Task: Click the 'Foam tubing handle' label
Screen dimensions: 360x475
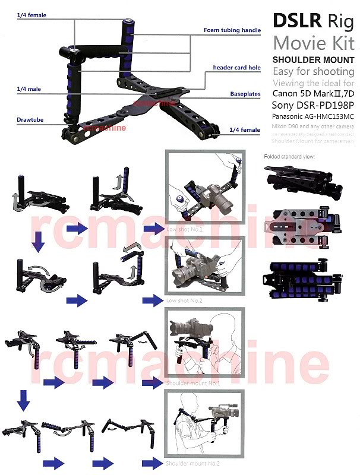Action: click(x=232, y=30)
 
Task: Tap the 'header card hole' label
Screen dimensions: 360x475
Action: click(x=236, y=68)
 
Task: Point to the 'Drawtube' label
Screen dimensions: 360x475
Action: click(x=29, y=119)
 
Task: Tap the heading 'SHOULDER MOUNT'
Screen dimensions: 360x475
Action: click(x=313, y=59)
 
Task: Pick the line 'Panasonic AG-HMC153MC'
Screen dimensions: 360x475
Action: click(x=313, y=116)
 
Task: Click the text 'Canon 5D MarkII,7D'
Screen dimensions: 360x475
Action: click(x=312, y=93)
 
